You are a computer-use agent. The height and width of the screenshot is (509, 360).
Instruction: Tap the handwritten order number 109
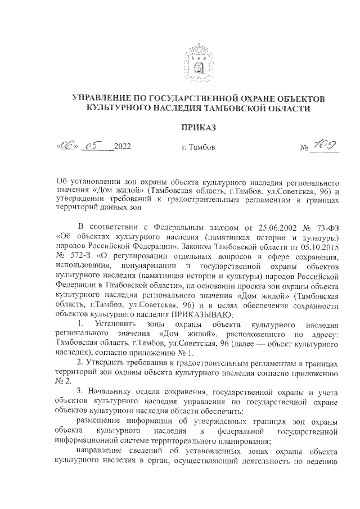(326, 146)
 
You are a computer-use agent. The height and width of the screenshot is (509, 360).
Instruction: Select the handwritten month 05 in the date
(92, 147)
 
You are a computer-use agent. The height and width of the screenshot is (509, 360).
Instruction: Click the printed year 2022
(122, 147)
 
